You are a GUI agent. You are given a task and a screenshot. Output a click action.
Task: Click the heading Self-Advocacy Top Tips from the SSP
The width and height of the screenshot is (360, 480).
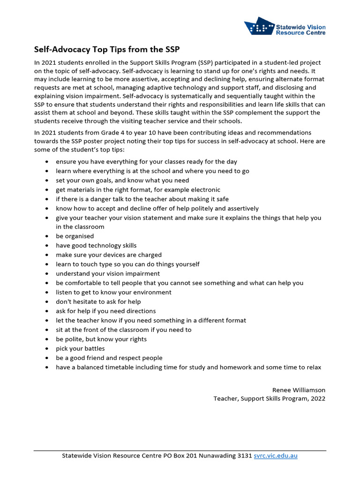pos(107,49)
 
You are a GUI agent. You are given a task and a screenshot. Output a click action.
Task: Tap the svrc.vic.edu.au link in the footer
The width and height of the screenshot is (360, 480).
pos(276,456)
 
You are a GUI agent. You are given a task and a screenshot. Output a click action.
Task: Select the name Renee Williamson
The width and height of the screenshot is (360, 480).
pos(299,390)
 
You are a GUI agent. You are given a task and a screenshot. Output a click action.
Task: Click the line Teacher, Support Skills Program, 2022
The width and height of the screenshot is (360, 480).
pos(269,398)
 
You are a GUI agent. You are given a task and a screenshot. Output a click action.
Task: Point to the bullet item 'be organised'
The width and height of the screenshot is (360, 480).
pos(75,236)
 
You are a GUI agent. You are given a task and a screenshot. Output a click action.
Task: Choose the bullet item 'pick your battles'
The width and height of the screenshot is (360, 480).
pos(80,349)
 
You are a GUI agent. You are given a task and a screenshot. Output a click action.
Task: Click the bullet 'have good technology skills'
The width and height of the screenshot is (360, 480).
pos(96,246)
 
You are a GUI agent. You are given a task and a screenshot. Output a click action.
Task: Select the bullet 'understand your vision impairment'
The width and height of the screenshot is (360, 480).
pos(108,274)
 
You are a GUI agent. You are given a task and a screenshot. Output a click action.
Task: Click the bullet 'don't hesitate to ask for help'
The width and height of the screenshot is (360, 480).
pos(98,302)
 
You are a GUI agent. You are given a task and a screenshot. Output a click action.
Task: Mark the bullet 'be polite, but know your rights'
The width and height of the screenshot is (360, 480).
pos(101,339)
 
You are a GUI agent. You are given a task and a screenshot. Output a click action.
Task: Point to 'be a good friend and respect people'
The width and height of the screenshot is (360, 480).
pos(109,358)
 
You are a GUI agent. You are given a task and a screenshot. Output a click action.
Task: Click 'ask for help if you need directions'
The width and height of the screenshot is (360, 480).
pos(105,311)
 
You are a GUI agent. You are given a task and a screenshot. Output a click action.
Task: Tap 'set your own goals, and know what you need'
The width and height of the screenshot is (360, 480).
pos(122,180)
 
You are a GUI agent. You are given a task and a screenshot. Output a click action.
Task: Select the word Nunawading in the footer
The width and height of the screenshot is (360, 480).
pos(214,456)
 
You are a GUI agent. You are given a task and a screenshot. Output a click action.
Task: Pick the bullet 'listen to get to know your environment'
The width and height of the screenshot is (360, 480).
pos(113,292)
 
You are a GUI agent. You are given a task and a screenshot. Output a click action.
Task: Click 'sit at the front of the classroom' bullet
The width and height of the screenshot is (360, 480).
pos(124,330)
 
